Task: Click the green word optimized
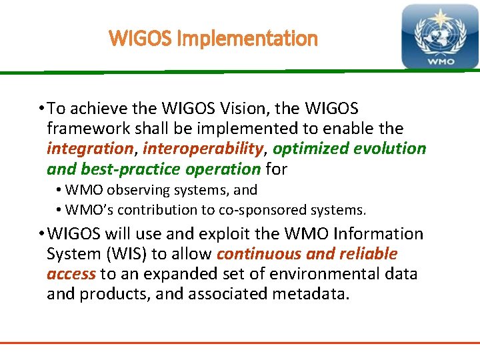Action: [312, 148]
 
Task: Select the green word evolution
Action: [391, 148]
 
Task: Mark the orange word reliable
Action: [369, 254]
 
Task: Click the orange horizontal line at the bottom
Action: [240, 343]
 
